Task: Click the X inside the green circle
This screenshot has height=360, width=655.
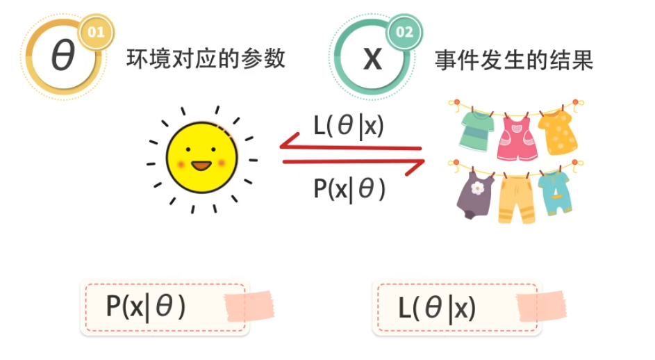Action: (372, 59)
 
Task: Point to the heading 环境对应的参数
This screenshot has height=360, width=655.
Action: (206, 59)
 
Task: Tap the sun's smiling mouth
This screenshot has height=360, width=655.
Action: (201, 167)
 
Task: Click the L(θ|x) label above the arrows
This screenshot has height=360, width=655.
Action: (349, 127)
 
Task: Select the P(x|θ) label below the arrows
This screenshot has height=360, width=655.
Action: (349, 188)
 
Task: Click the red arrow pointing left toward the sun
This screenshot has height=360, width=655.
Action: (351, 147)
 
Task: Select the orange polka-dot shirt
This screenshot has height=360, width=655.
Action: (558, 131)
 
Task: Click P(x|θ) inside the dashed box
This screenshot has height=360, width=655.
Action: (146, 306)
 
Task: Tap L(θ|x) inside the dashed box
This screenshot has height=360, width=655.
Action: (438, 307)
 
